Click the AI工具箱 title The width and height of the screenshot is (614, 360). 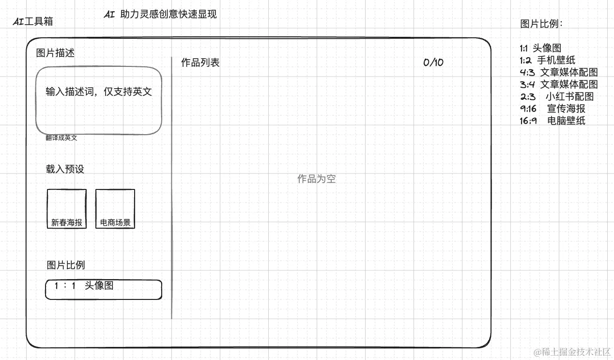pyautogui.click(x=33, y=21)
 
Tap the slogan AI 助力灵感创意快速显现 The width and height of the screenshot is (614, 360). pyautogui.click(x=160, y=15)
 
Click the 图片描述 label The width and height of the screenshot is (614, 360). pyautogui.click(x=55, y=53)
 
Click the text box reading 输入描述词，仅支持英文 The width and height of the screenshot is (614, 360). pyautogui.click(x=99, y=100)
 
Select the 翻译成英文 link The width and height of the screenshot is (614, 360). pyautogui.click(x=61, y=138)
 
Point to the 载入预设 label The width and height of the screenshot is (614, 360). pyautogui.click(x=65, y=169)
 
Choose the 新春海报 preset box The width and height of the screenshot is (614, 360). pyautogui.click(x=67, y=209)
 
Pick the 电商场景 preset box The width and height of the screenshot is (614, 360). pyautogui.click(x=115, y=209)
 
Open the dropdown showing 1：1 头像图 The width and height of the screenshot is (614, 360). pyautogui.click(x=104, y=289)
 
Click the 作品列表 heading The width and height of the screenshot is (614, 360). pyautogui.click(x=200, y=63)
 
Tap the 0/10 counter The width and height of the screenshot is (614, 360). pyautogui.click(x=433, y=63)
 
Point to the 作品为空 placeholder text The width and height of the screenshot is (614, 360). pyautogui.click(x=316, y=179)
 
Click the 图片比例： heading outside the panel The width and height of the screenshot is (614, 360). pyautogui.click(x=541, y=24)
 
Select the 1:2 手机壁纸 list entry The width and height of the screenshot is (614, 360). pyautogui.click(x=548, y=61)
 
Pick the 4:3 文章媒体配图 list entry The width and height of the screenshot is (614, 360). pyautogui.click(x=559, y=72)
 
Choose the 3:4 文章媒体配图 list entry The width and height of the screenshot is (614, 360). pyautogui.click(x=559, y=84)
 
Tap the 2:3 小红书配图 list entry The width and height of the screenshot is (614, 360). pyautogui.click(x=557, y=96)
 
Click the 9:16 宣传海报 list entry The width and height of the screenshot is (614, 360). pyautogui.click(x=553, y=109)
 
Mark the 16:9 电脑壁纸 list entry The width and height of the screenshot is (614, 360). pyautogui.click(x=553, y=121)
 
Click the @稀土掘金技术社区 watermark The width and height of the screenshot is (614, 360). pyautogui.click(x=572, y=351)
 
